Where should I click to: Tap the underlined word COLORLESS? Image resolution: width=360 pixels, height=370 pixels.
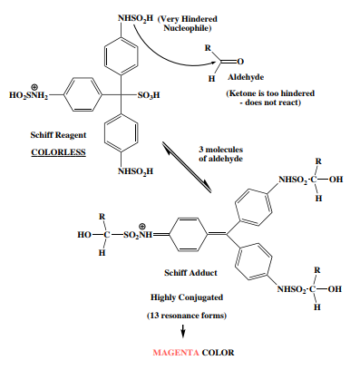pos(58,152)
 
